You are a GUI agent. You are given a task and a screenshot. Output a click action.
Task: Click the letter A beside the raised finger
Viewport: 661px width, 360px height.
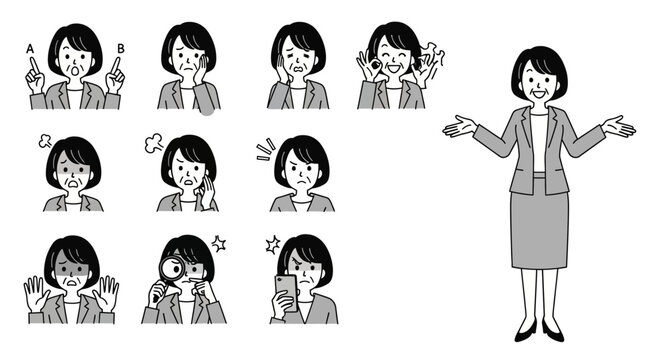click(x=30, y=49)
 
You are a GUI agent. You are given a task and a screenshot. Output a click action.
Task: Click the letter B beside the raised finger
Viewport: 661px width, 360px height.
click(x=121, y=49)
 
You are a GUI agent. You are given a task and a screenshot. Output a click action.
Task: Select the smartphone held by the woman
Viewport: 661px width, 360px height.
click(x=287, y=293)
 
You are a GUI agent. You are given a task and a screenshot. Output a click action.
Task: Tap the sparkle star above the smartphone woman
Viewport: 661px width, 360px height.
click(x=273, y=244)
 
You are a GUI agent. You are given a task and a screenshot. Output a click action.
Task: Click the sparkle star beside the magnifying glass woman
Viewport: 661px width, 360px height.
click(x=218, y=243)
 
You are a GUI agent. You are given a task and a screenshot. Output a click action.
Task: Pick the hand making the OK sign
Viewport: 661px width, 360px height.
click(x=367, y=66)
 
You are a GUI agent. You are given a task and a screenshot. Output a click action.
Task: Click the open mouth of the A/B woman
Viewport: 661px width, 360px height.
click(x=75, y=70)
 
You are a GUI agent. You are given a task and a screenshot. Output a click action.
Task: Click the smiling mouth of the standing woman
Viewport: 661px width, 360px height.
click(x=539, y=93)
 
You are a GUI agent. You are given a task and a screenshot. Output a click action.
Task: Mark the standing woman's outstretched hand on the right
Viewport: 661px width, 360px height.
click(x=618, y=126)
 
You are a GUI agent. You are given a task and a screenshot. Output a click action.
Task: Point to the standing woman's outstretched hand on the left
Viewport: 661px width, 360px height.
click(x=460, y=126)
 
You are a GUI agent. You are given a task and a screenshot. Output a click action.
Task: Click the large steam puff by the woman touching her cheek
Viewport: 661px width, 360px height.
click(x=154, y=143)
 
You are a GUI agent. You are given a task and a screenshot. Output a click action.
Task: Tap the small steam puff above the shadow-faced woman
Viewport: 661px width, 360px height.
click(x=45, y=141)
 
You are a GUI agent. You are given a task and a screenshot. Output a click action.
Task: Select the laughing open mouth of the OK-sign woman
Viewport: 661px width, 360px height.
click(x=394, y=68)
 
